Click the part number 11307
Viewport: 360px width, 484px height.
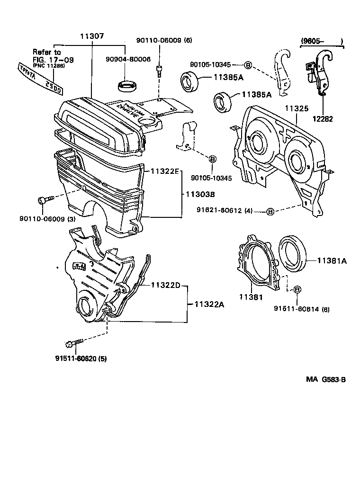click(x=92, y=36)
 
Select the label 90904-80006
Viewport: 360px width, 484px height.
click(x=127, y=59)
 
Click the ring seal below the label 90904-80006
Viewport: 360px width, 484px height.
click(x=127, y=87)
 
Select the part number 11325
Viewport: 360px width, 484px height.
click(x=296, y=108)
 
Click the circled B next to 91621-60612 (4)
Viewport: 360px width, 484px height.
click(x=270, y=211)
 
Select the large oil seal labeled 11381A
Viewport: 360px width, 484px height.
click(x=293, y=254)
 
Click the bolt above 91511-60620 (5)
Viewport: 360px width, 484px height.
click(x=74, y=342)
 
